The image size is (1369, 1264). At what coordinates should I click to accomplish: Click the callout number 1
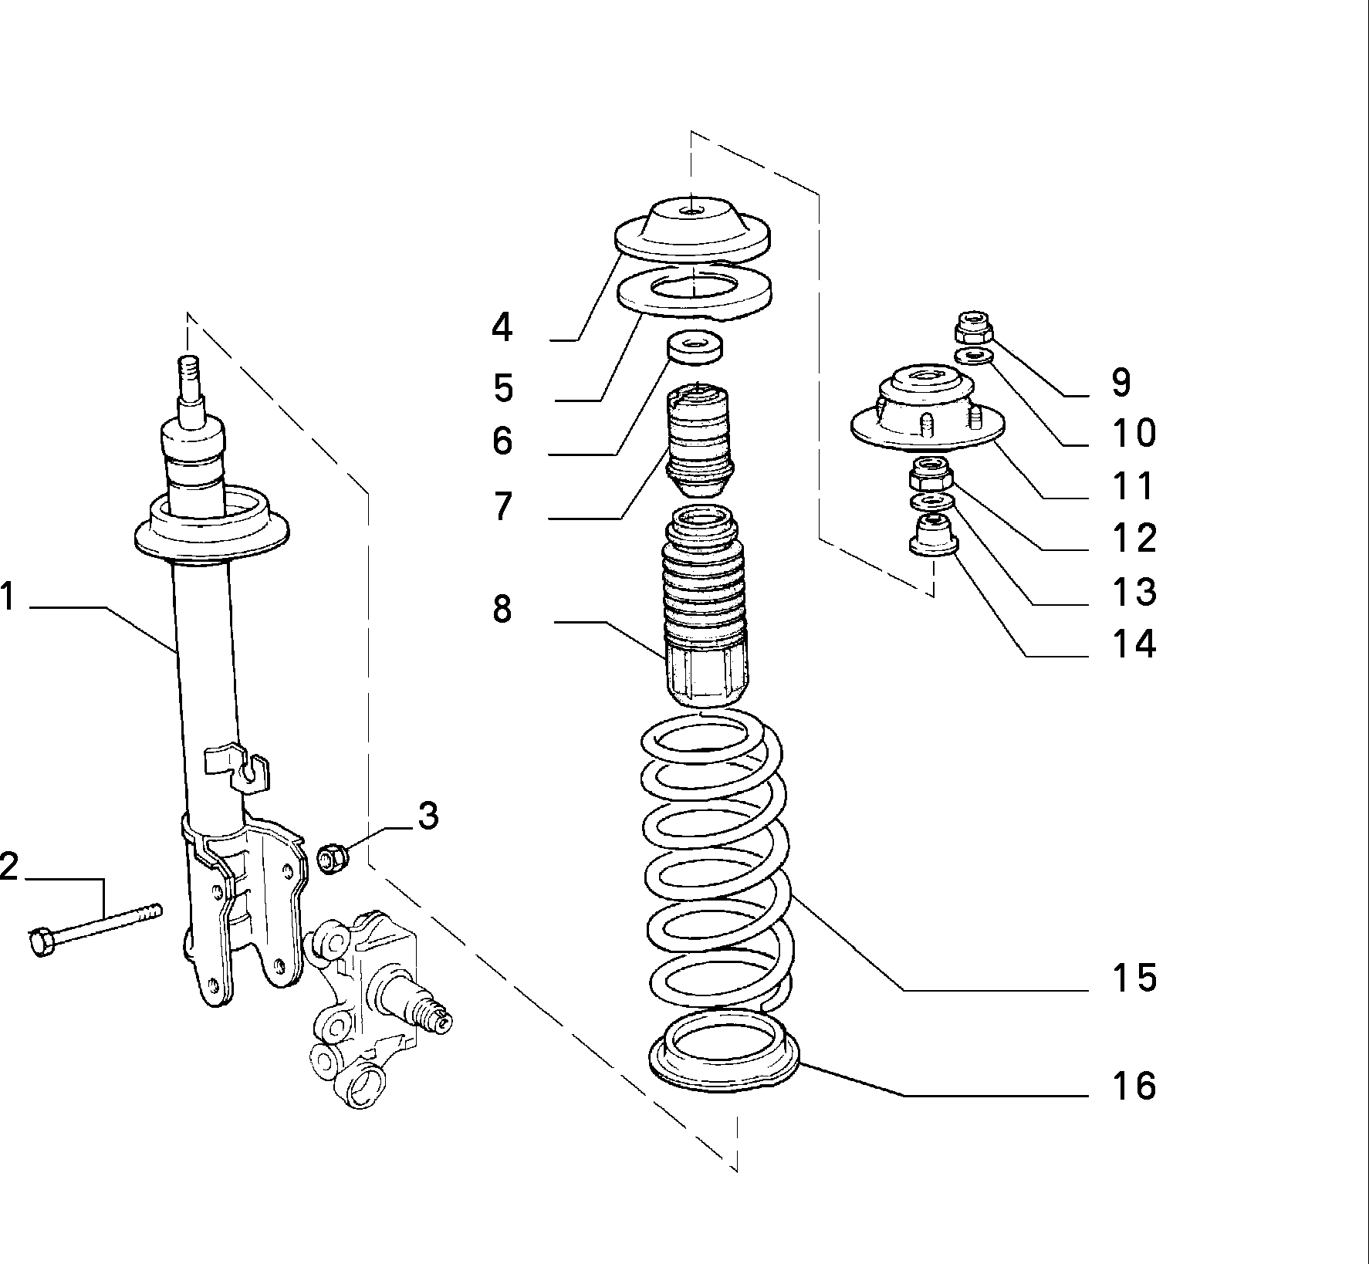8,597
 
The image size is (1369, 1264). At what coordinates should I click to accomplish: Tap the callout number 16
1134,1085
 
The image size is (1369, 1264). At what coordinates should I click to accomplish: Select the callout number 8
502,609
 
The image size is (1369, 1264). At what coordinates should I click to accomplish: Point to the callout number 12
1134,538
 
